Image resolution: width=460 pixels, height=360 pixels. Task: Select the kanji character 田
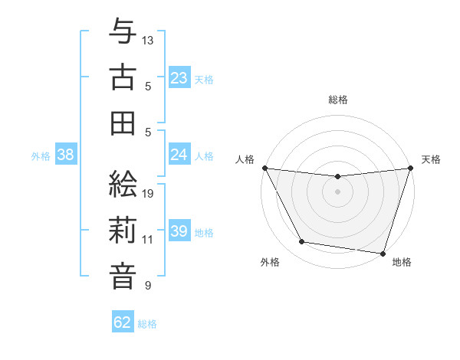(123, 122)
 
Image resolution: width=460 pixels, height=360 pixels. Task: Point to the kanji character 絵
(123, 185)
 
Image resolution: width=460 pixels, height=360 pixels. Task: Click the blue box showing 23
(179, 77)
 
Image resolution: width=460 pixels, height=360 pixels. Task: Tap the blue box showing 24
(179, 155)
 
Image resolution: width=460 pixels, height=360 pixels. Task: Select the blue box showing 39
(179, 231)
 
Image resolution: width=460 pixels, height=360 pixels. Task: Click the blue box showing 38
(66, 155)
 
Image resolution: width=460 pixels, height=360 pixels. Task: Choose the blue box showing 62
(123, 322)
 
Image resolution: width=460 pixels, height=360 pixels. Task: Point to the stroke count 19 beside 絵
(149, 194)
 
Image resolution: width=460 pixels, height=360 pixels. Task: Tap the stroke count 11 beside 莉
(148, 239)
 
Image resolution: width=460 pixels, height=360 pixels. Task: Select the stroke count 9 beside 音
(147, 286)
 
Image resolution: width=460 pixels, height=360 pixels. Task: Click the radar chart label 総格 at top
(337, 100)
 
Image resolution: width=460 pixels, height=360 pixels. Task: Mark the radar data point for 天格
(409, 168)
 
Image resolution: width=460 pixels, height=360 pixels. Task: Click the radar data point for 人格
(264, 168)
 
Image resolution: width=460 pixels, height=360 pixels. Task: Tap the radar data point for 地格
(383, 253)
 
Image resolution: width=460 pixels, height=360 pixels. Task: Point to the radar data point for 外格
(302, 242)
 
